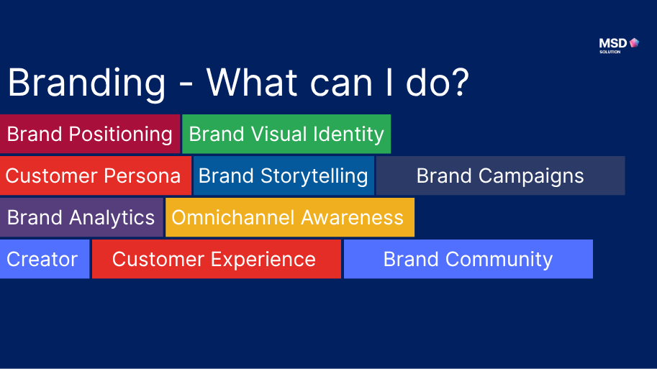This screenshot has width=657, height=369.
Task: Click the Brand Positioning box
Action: [x=90, y=135]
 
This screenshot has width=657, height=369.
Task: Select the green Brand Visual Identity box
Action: [x=286, y=135]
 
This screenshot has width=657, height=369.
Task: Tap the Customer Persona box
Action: [x=95, y=176]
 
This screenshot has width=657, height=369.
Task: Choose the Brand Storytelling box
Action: [x=284, y=176]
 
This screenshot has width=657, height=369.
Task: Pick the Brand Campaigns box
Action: [x=500, y=176]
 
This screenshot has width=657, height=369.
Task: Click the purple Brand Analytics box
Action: [x=81, y=218]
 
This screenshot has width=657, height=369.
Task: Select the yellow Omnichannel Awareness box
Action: [x=289, y=218]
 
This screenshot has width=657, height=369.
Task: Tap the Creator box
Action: [x=43, y=260]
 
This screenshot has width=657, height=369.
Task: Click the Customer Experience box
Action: [x=216, y=260]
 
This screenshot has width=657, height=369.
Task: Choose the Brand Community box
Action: [x=468, y=260]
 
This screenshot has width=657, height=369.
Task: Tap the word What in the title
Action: [x=252, y=83]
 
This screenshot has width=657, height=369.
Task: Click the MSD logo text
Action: [x=613, y=43]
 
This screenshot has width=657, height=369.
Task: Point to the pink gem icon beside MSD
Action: [x=634, y=43]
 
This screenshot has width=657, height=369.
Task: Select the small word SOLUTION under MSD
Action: [x=610, y=52]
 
